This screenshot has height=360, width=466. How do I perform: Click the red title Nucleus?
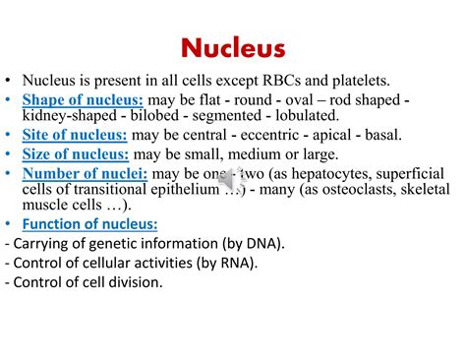[233, 48]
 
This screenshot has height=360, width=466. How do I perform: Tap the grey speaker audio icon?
[234, 182]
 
